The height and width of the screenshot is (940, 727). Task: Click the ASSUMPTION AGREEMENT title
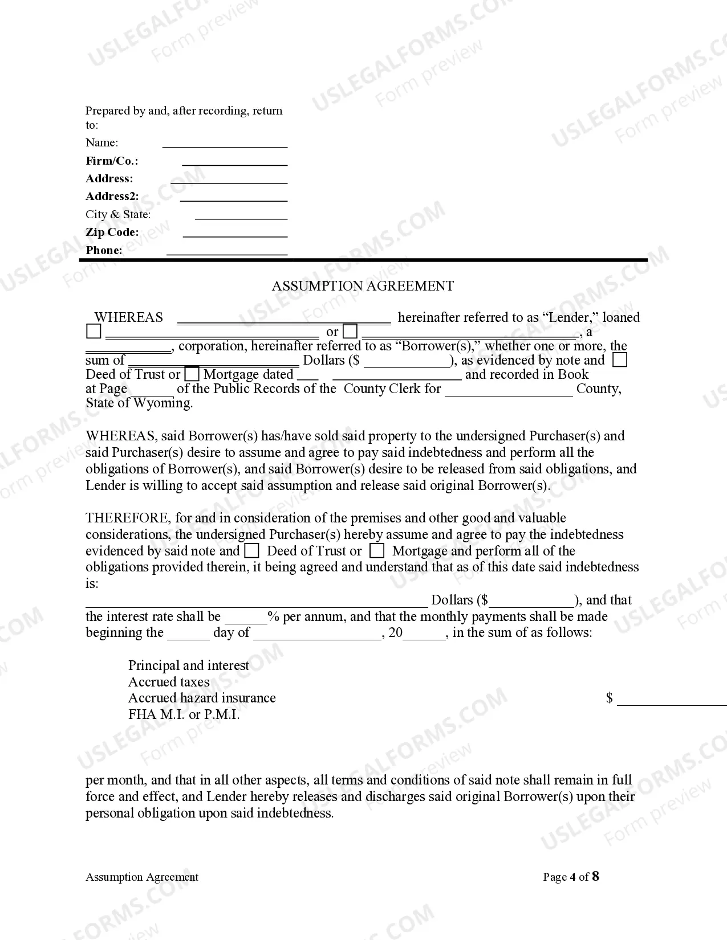(363, 286)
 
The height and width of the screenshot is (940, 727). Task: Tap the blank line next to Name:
(225, 144)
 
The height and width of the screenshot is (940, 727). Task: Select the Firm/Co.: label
(112, 161)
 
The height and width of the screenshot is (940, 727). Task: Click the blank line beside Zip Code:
(235, 234)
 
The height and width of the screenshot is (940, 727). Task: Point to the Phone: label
(104, 251)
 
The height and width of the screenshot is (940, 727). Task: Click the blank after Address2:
(234, 198)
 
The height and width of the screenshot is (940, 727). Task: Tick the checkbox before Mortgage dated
(192, 375)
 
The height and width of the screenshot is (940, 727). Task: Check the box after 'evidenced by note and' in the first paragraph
(619, 360)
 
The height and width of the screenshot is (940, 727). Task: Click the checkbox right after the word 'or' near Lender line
(350, 332)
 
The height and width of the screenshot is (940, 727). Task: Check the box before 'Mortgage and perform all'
(376, 551)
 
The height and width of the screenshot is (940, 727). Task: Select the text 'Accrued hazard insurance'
(202, 698)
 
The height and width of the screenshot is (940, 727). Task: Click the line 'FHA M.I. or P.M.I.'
(184, 715)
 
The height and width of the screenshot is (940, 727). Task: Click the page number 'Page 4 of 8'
(571, 877)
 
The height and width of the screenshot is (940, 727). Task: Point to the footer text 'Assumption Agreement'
(142, 877)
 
